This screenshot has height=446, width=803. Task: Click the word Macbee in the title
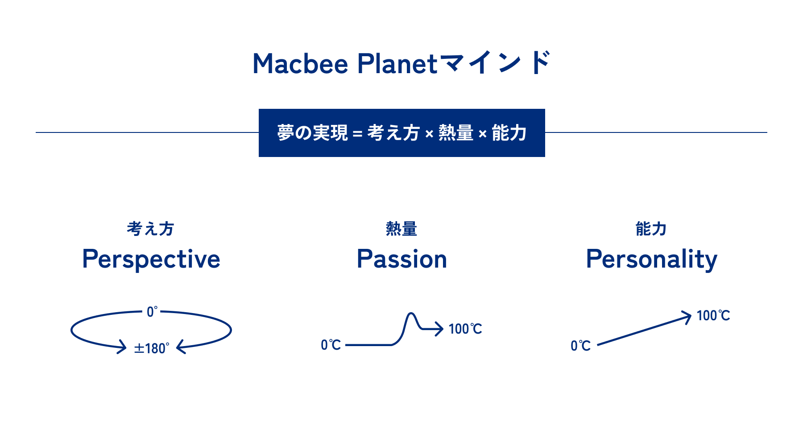pos(300,64)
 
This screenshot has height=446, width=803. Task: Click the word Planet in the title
pos(397,64)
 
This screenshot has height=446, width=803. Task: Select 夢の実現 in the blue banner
pos(312,133)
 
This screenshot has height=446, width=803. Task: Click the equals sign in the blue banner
pos(357,133)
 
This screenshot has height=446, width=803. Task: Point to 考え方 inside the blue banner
pos(393,133)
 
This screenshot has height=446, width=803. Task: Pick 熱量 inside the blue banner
pos(456,133)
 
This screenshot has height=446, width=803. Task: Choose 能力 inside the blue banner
pos(509,133)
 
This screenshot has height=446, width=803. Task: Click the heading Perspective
pos(151,260)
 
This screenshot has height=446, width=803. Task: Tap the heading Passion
pos(402,259)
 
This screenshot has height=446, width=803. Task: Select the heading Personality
pos(652,260)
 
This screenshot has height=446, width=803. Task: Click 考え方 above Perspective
pos(150,229)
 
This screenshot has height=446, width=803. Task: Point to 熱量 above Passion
pos(401,229)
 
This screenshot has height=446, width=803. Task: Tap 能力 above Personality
pos(651,229)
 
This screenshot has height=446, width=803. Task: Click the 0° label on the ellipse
pos(152,311)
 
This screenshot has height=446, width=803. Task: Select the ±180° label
pos(152,348)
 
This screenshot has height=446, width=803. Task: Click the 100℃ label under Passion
pos(465,329)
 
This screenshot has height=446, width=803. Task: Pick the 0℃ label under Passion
pos(331,345)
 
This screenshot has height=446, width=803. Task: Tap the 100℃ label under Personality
pos(713,316)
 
